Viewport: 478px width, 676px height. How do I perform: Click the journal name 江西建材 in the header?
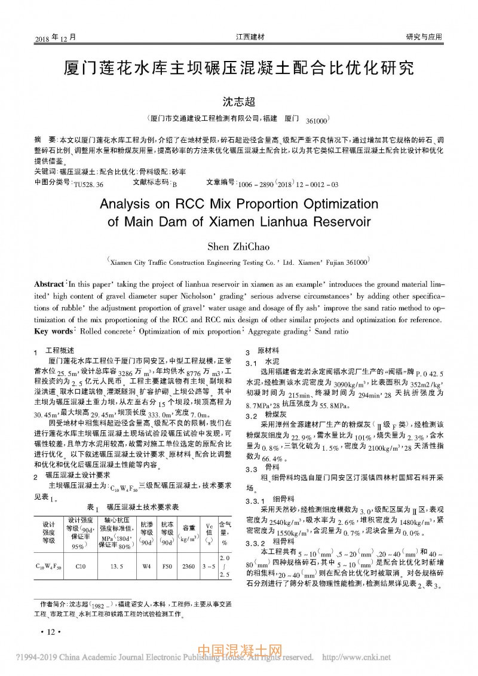[250, 37]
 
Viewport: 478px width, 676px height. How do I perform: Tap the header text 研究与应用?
[424, 37]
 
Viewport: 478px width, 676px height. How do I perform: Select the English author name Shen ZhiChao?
[238, 246]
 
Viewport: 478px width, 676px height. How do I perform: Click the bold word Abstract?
[49, 284]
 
